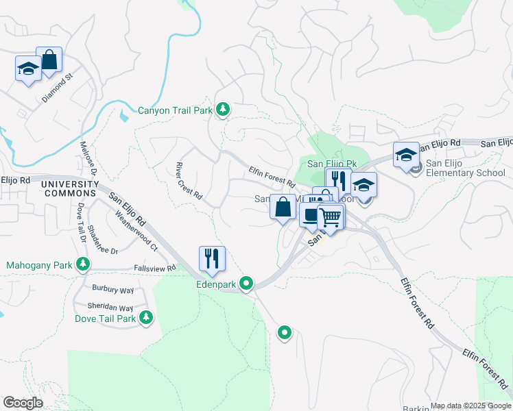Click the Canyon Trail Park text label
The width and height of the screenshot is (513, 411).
click(175, 110)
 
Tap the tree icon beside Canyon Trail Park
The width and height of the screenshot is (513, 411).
click(223, 109)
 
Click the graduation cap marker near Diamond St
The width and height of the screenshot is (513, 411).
click(29, 69)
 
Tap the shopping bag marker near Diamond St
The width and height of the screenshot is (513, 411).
click(49, 60)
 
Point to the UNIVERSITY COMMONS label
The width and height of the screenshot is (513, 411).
click(70, 189)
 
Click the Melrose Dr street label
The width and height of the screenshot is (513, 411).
click(88, 158)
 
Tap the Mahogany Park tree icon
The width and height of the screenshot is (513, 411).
click(83, 264)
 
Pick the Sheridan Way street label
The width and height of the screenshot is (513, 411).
click(110, 308)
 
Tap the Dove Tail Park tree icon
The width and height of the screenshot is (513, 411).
click(145, 317)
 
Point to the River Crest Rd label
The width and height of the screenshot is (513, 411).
click(189, 181)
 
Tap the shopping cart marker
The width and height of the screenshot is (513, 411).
click(331, 217)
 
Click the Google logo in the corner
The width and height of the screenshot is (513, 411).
click(23, 403)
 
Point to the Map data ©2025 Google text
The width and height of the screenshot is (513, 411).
click(471, 406)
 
